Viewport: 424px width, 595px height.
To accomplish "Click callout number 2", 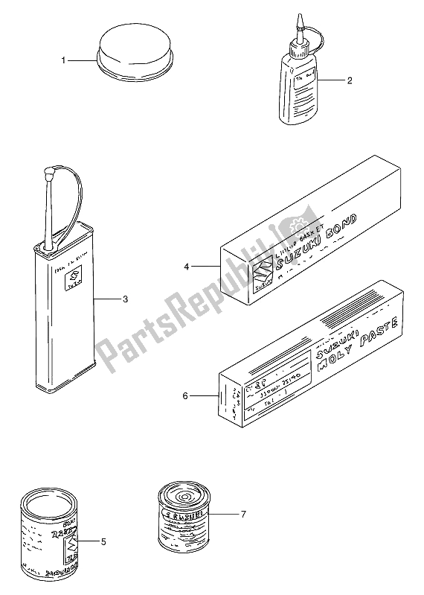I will [349, 81].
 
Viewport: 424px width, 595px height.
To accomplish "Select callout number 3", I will [126, 300].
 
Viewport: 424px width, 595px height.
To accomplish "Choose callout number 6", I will [185, 397].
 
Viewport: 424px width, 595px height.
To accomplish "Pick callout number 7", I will [242, 513].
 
